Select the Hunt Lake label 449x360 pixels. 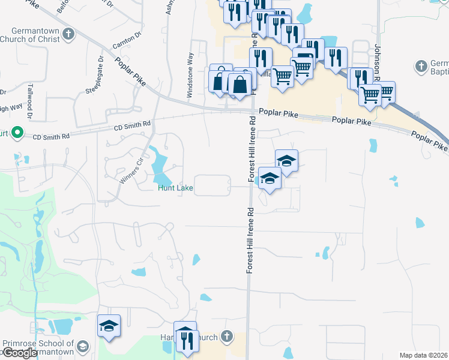[175, 188]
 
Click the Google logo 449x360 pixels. [19, 353]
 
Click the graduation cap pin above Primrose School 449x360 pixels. [109, 326]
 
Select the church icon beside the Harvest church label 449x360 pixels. [226, 336]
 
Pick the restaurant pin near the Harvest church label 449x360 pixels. [186, 340]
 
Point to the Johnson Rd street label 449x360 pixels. [378, 62]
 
